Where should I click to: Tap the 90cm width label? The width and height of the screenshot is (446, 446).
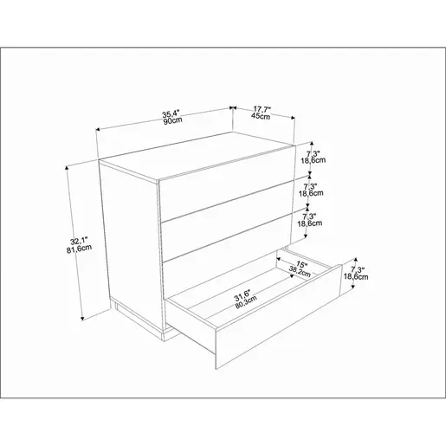(173, 120)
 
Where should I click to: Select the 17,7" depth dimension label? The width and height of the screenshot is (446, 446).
(262, 109)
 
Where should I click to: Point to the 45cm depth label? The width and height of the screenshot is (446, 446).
(261, 116)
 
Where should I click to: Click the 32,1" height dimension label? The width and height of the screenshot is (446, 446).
(79, 241)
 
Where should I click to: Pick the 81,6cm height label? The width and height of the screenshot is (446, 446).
(79, 249)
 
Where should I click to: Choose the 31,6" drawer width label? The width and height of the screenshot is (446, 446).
(242, 296)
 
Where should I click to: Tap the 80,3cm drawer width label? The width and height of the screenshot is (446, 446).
(246, 303)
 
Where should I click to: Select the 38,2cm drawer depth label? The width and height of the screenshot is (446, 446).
(300, 271)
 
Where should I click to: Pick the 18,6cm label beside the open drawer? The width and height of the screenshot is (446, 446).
(356, 276)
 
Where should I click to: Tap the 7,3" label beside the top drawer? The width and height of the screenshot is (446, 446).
(313, 154)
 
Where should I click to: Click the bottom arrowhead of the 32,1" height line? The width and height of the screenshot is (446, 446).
(82, 318)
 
